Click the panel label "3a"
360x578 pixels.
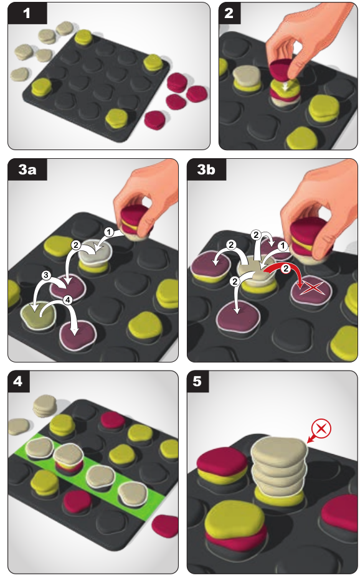point(27,169)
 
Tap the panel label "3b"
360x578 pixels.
point(206,169)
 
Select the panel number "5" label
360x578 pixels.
point(197,381)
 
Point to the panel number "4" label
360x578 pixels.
point(18,381)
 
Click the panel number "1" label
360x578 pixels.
point(27,13)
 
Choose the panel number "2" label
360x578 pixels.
point(229,13)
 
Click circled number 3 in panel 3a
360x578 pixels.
point(46,275)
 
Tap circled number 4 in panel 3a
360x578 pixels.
point(68,300)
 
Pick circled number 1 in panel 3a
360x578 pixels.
point(108,232)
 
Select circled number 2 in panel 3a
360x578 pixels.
point(76,245)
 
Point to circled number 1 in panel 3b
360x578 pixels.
point(283,246)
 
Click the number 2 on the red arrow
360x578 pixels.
point(286,268)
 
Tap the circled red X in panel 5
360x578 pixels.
point(321,429)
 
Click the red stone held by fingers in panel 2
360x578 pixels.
point(283,69)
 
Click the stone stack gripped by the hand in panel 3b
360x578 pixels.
point(310,240)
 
